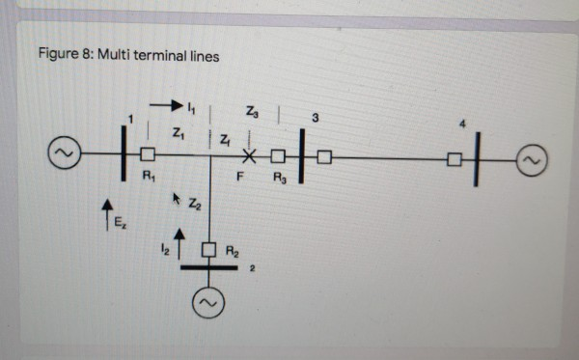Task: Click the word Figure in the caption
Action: click(x=57, y=56)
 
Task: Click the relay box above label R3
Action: click(x=278, y=155)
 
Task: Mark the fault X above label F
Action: click(x=249, y=155)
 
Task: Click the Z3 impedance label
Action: click(x=252, y=111)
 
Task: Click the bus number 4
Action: click(x=462, y=125)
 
